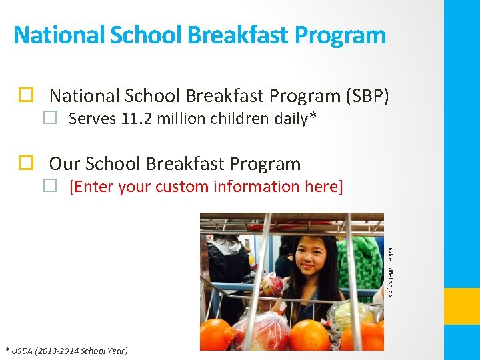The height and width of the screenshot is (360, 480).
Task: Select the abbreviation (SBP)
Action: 367,96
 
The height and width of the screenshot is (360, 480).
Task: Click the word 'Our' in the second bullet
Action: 64,163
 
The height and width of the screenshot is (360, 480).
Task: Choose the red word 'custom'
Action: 183,187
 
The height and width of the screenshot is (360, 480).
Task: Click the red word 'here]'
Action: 323,187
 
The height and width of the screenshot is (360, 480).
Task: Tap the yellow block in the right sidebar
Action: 462,306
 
